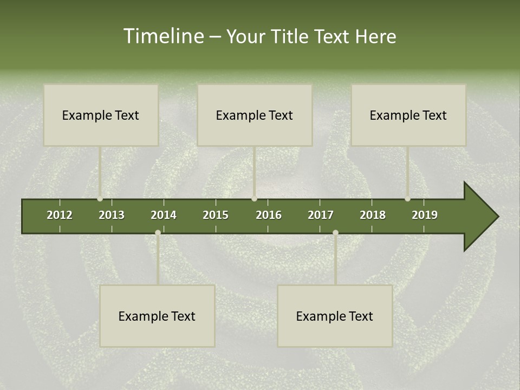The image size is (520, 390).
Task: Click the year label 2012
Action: (x=60, y=215)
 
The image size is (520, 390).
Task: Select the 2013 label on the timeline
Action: (x=112, y=215)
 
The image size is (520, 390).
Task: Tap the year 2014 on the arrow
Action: (x=164, y=215)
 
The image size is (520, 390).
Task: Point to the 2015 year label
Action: (x=216, y=215)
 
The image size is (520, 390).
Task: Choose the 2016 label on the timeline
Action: (x=269, y=215)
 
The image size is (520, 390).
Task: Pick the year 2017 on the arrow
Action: (x=321, y=215)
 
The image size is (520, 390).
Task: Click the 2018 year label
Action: (x=373, y=215)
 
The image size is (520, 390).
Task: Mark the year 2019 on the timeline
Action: (x=425, y=215)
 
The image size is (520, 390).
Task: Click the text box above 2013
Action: (x=101, y=115)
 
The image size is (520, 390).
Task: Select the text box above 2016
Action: (x=255, y=115)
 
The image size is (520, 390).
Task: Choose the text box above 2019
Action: (x=408, y=115)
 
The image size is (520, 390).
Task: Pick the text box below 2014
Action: (x=157, y=316)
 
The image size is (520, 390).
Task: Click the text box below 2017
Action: (x=335, y=316)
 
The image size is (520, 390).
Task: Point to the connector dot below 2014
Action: (x=158, y=233)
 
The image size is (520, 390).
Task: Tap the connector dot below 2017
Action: (x=335, y=233)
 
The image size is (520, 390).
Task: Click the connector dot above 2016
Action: (x=255, y=199)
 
